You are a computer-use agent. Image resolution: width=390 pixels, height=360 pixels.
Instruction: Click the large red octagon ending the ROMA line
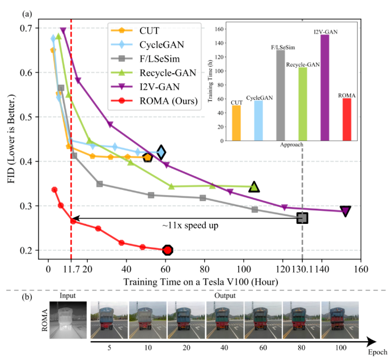click(x=167, y=250)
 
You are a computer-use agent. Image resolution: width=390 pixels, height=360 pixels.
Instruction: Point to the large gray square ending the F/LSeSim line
click(x=303, y=218)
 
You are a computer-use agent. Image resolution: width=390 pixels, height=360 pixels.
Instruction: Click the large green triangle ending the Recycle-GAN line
click(x=254, y=187)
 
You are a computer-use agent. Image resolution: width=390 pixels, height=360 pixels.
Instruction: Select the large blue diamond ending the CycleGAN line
click(x=161, y=152)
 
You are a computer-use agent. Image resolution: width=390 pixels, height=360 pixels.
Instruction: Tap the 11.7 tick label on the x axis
click(x=71, y=270)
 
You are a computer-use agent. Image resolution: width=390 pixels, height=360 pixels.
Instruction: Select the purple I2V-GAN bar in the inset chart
click(x=325, y=88)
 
